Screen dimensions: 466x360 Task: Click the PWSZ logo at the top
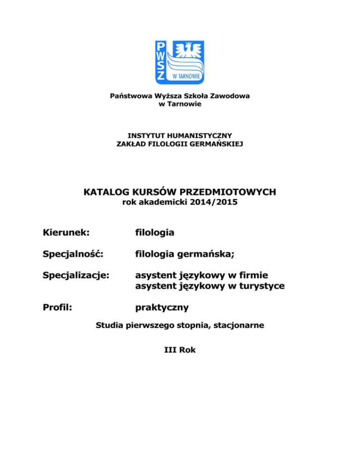180,61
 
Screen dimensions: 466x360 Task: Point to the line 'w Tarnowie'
180,104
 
